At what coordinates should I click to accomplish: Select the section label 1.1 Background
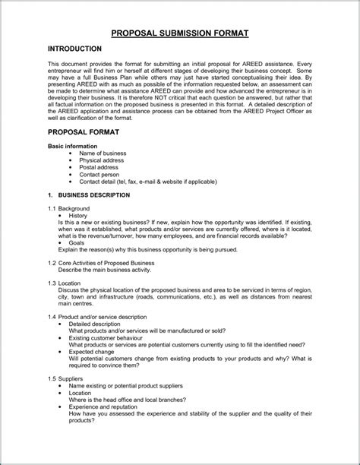tap(68, 208)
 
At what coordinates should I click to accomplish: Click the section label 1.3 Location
tap(65, 283)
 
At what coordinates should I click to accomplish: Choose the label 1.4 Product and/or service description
tap(98, 315)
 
